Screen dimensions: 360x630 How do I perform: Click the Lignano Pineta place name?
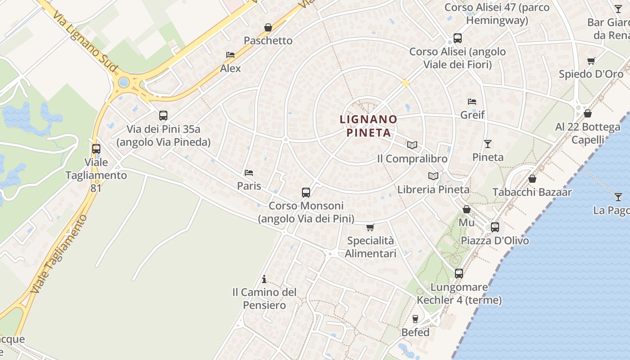369,126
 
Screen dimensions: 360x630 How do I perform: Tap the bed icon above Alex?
230,55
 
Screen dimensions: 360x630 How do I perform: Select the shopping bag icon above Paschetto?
268,27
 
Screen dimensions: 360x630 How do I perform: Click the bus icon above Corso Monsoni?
306,193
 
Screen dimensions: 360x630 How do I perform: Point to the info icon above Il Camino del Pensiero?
264,279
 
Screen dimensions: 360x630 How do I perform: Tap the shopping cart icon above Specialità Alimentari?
370,227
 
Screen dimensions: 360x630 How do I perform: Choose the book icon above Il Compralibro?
412,145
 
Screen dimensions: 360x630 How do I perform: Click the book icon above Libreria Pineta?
433,176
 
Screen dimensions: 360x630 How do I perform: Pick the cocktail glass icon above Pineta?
488,144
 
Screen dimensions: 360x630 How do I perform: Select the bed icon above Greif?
472,101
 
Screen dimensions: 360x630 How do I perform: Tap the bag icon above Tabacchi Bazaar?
532,179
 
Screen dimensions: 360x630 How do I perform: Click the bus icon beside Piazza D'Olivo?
495,227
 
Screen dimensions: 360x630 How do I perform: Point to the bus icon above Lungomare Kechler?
459,273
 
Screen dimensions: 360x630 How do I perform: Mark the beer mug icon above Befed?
415,319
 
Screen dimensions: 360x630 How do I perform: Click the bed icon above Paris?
249,172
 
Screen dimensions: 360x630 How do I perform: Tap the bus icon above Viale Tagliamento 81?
96,148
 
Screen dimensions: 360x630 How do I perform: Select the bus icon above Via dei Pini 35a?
163,116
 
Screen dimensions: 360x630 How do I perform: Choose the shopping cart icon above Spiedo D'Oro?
591,61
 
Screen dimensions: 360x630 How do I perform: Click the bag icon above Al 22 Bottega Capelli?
588,113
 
